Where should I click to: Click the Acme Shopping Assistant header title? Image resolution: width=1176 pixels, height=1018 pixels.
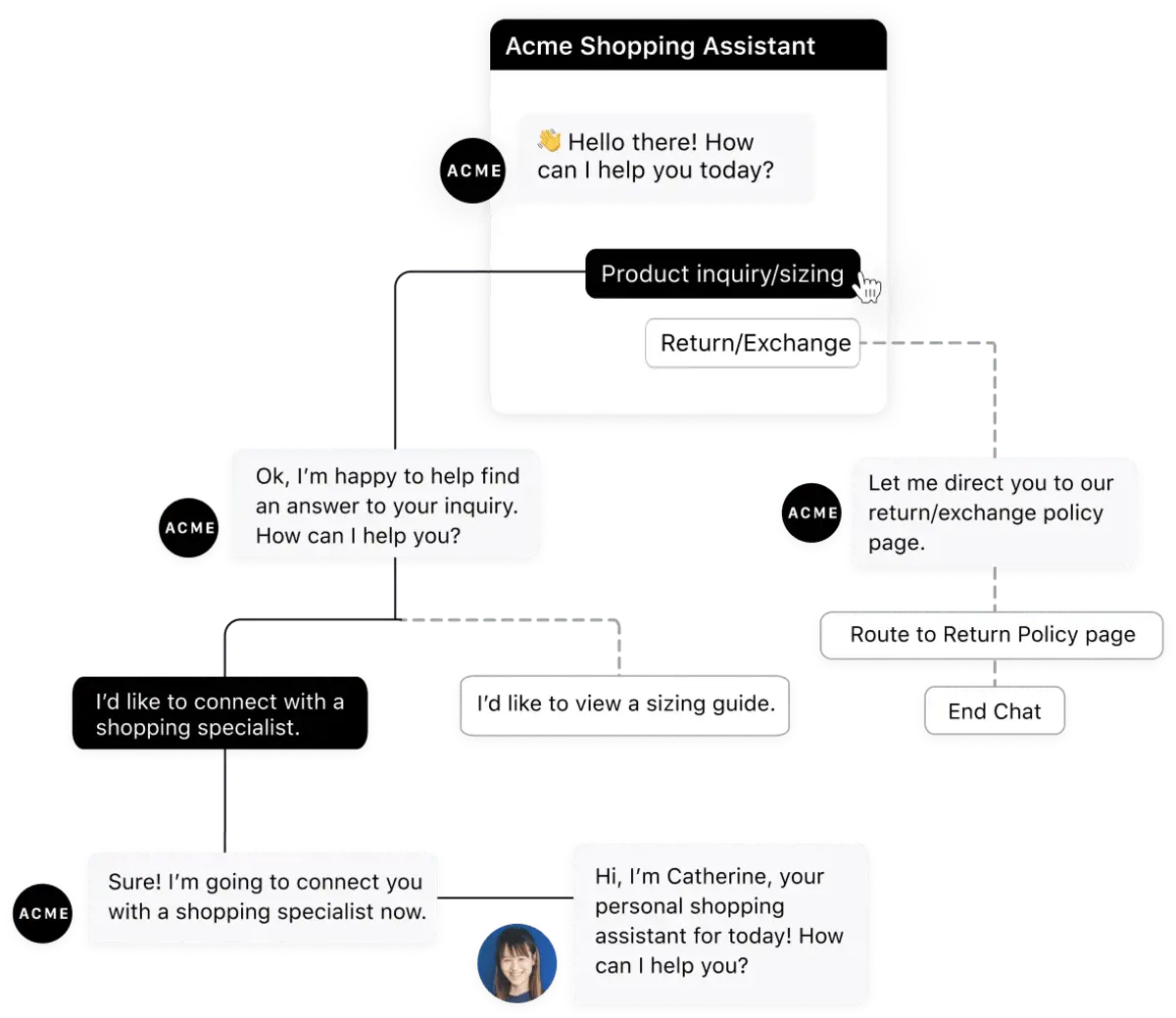(x=660, y=46)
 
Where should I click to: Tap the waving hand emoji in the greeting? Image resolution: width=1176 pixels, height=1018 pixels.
(x=549, y=141)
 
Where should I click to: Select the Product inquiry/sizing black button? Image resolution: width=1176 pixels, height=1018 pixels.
(x=722, y=274)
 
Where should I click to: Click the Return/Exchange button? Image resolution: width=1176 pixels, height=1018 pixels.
(x=753, y=343)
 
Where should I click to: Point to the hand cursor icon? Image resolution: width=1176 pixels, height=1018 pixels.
(x=867, y=289)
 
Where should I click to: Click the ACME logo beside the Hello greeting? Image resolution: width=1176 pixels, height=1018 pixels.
(x=474, y=170)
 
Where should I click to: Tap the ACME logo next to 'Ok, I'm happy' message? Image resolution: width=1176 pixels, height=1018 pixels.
(x=189, y=528)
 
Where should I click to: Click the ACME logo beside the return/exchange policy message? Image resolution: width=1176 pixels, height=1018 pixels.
(x=812, y=512)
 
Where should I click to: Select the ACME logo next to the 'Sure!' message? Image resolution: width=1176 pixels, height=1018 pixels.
(x=44, y=913)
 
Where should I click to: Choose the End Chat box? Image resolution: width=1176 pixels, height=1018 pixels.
(x=994, y=711)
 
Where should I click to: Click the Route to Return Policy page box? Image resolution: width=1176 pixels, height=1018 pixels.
(x=992, y=634)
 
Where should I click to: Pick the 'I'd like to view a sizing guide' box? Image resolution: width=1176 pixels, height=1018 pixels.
(x=625, y=703)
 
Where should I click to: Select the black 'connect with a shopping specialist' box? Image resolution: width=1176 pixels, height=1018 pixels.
(x=219, y=714)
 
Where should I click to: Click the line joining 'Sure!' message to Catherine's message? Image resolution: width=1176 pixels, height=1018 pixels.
(x=506, y=896)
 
